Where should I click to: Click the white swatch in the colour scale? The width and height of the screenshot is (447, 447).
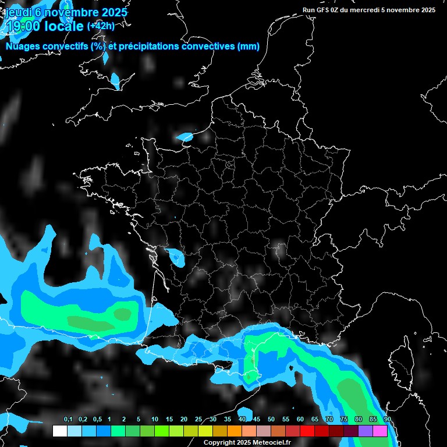pyautogui.click(x=59, y=431)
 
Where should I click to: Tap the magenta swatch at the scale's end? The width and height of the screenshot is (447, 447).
pyautogui.click(x=380, y=431)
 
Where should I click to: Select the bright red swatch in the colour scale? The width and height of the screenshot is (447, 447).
pyautogui.click(x=307, y=431)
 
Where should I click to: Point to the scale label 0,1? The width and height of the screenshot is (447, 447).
pyautogui.click(x=68, y=420)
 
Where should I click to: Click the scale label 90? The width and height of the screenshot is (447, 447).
pyautogui.click(x=387, y=420)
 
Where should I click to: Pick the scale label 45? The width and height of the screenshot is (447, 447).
pyautogui.click(x=257, y=420)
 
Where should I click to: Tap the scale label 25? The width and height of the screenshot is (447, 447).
pyautogui.click(x=198, y=420)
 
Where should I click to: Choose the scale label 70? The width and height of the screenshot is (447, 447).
pyautogui.click(x=329, y=420)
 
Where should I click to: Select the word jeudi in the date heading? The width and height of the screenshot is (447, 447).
pyautogui.click(x=18, y=12)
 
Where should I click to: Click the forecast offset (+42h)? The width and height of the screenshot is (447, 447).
pyautogui.click(x=101, y=26)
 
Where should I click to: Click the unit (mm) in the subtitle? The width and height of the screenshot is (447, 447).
pyautogui.click(x=249, y=47)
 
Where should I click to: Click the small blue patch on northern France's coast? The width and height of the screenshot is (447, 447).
pyautogui.click(x=185, y=137)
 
